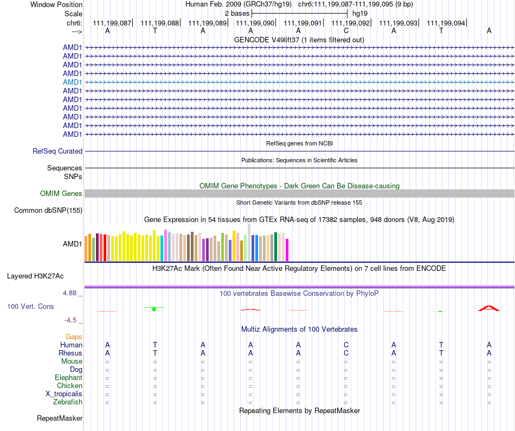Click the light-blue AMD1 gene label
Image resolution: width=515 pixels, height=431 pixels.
coord(73,82)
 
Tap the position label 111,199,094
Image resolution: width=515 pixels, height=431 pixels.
coord(446,23)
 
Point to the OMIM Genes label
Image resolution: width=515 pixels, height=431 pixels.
coord(61,193)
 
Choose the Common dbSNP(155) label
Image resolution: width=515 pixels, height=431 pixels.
coord(48,211)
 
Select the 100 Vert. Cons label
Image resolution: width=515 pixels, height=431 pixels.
coord(30,307)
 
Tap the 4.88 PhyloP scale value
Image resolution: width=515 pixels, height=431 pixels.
coord(72,293)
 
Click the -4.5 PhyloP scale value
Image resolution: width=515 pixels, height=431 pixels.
coord(73,320)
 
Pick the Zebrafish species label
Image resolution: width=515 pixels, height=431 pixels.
coord(68,402)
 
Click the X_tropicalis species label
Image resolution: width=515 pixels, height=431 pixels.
coord(64,394)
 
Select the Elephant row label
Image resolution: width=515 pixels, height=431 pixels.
coord(68,378)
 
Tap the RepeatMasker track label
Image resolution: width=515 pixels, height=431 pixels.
coord(60,419)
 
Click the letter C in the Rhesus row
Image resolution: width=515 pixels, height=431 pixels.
coord(346,353)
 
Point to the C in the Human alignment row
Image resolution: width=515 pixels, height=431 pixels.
coord(346,345)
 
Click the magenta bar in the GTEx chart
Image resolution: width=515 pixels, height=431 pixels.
coord(287,250)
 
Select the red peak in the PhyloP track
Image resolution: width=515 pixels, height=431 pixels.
coord(488,308)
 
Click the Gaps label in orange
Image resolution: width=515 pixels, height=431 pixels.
coord(74,337)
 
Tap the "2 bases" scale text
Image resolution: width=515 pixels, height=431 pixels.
coord(237,13)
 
